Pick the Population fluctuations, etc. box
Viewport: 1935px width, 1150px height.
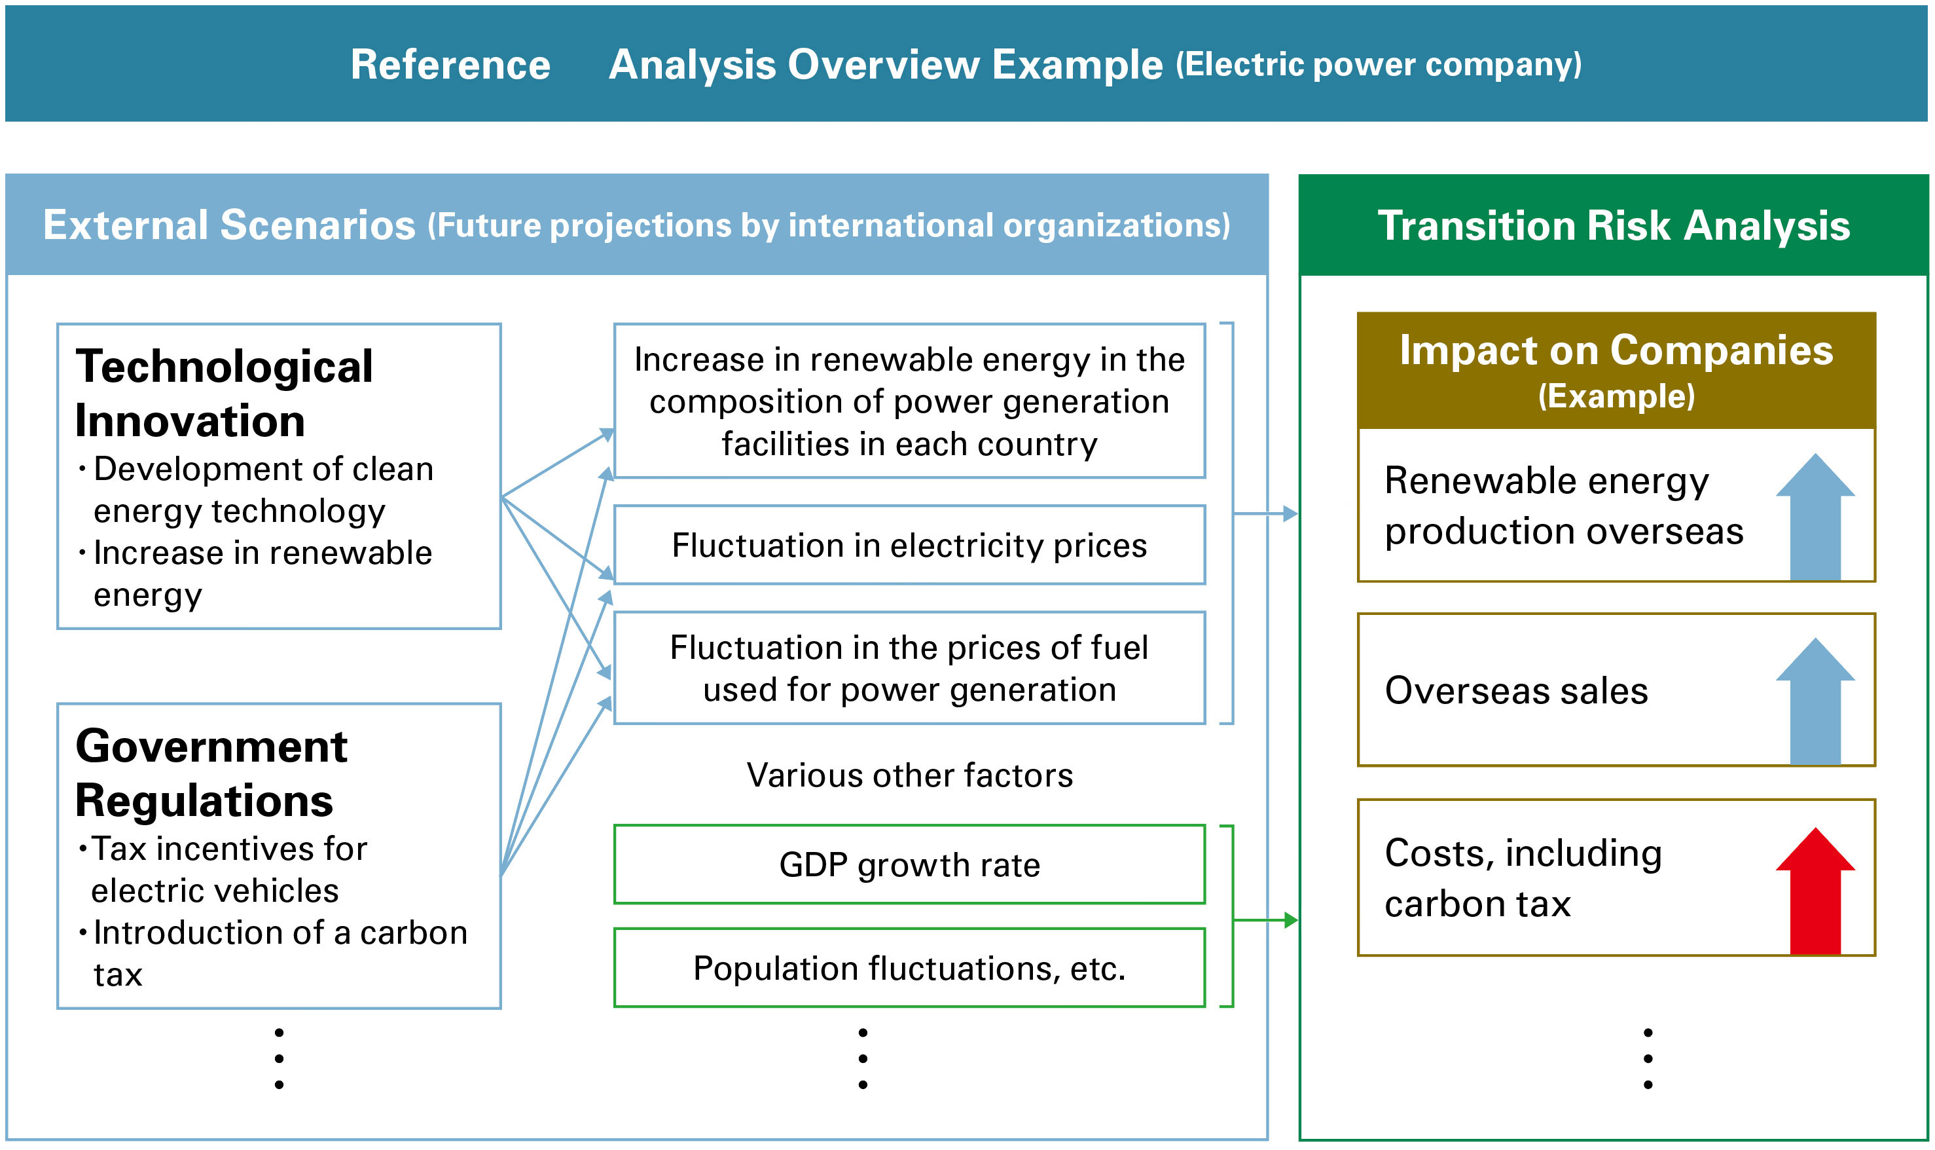[909, 968]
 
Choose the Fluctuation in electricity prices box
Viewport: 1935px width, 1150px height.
[909, 545]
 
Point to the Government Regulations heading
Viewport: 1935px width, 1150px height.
[211, 773]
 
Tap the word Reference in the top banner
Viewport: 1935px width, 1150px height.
[450, 64]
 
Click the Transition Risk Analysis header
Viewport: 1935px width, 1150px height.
[1614, 225]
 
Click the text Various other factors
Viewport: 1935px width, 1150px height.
[909, 775]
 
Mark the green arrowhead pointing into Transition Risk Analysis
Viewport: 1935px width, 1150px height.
[1290, 920]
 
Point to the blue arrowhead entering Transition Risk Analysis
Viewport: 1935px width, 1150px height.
[1290, 513]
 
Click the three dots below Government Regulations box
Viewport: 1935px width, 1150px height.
[279, 1058]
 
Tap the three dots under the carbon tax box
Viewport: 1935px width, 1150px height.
[1648, 1058]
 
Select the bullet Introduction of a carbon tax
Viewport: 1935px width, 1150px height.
[279, 952]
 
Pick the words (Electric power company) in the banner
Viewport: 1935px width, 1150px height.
[1379, 64]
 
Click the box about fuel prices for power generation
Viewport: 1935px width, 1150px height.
[909, 668]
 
